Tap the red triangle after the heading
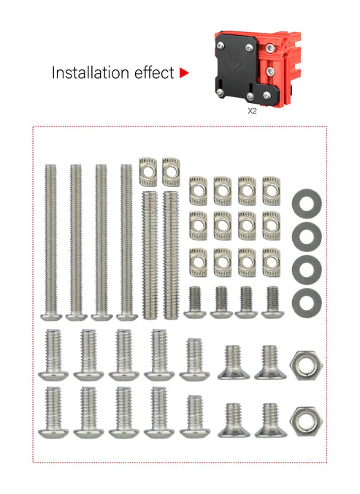184,73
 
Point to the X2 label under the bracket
252,112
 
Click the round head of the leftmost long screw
51,316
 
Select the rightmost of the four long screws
126,241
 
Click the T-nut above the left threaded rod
149,171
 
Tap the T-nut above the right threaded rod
172,171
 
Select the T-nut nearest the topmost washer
272,189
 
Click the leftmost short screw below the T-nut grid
195,302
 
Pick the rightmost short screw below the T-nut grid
273,302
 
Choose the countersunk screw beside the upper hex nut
269,362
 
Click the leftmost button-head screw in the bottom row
54,412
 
